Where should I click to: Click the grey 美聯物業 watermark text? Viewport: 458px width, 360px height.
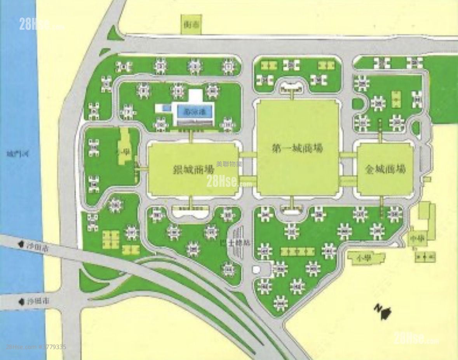(x=229, y=164)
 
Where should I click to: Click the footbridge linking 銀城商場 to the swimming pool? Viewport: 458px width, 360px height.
(x=192, y=136)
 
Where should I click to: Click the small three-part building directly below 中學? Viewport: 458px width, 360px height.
(x=425, y=257)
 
